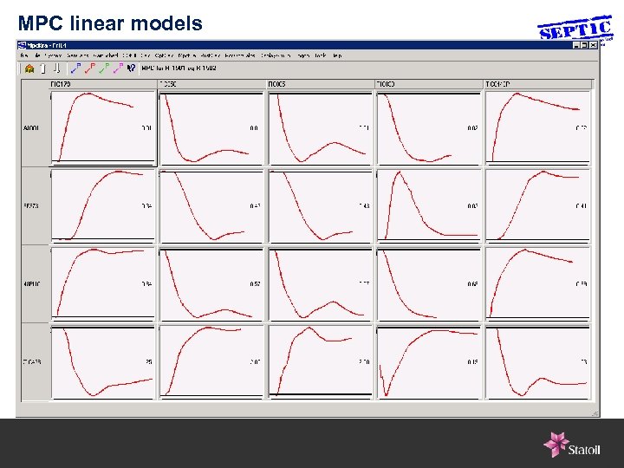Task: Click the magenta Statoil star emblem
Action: pyautogui.click(x=556, y=444)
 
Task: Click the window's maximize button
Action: pyautogui.click(x=583, y=44)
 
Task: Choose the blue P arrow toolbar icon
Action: pyautogui.click(x=75, y=67)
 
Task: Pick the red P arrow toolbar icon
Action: pyautogui.click(x=89, y=67)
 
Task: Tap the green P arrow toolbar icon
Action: pyautogui.click(x=104, y=67)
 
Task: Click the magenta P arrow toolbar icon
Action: pyautogui.click(x=119, y=67)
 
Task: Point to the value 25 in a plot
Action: pyautogui.click(x=148, y=361)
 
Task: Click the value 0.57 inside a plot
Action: pyautogui.click(x=255, y=283)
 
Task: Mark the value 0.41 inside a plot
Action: pyautogui.click(x=581, y=206)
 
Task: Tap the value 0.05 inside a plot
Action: pyautogui.click(x=471, y=361)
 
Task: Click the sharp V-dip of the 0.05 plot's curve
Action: pyautogui.click(x=386, y=392)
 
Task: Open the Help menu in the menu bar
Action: pyautogui.click(x=337, y=55)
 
